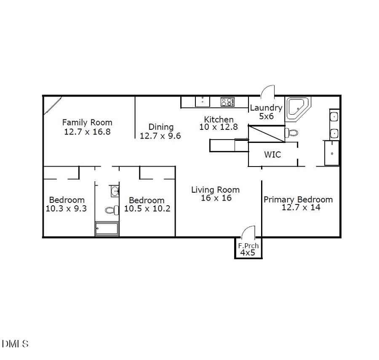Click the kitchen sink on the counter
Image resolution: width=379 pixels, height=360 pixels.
[202, 102]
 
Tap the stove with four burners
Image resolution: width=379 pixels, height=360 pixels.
[227, 102]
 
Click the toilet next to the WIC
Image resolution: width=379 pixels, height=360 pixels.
[291, 133]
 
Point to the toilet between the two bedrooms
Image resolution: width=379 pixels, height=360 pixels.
[112, 210]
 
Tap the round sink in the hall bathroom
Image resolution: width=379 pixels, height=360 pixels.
[115, 192]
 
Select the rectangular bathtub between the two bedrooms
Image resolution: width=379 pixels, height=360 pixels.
[107, 229]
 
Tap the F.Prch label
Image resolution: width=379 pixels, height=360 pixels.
[248, 246]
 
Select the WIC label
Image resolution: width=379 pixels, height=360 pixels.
[272, 155]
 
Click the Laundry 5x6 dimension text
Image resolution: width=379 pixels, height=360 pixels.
[266, 116]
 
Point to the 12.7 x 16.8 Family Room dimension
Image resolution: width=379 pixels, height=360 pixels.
[87, 131]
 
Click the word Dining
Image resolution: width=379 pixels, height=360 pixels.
[161, 127]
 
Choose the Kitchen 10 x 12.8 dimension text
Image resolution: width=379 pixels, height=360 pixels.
[219, 127]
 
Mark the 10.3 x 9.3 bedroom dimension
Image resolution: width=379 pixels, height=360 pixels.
[66, 208]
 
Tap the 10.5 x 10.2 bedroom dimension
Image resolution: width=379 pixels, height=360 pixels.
[147, 208]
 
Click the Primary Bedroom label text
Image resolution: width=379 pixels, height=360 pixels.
[298, 199]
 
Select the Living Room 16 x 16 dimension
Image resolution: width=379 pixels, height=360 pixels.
[216, 198]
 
